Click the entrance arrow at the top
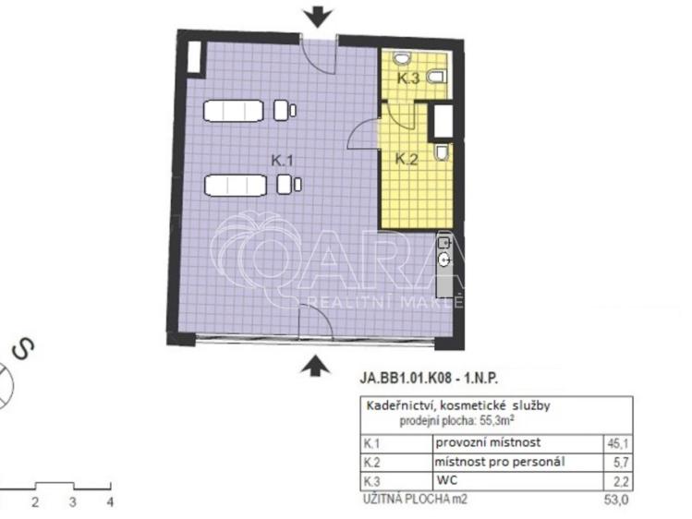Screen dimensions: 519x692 pyautogui.click(x=317, y=16)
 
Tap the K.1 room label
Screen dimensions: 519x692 pyautogui.click(x=283, y=161)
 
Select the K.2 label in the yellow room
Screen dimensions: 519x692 pyautogui.click(x=407, y=159)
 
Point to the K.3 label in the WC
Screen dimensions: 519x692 pyautogui.click(x=408, y=79)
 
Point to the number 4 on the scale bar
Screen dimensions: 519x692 pyautogui.click(x=109, y=502)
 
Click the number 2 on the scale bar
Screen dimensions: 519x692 pyautogui.click(x=34, y=502)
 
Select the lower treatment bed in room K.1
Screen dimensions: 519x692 pyautogui.click(x=235, y=185)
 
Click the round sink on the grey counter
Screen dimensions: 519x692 pyautogui.click(x=445, y=260)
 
